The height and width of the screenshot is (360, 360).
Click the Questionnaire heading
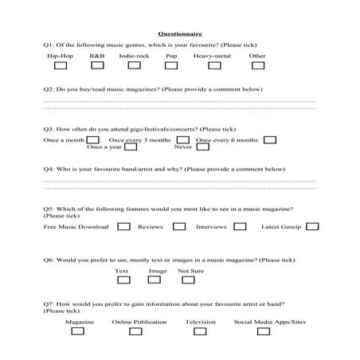pyautogui.click(x=180, y=34)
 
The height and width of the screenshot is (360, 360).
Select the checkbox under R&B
pyautogui.click(x=97, y=66)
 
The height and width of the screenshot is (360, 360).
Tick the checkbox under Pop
pyautogui.click(x=171, y=66)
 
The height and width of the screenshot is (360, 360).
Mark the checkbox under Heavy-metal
pyautogui.click(x=214, y=66)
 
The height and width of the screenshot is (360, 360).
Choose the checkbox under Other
pyautogui.click(x=257, y=66)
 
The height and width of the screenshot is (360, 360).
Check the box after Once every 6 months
pyautogui.click(x=269, y=140)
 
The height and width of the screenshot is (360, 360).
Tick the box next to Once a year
pyautogui.click(x=131, y=147)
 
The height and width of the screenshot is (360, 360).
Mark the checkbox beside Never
pyautogui.click(x=203, y=147)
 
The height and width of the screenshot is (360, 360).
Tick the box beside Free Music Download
pyautogui.click(x=123, y=227)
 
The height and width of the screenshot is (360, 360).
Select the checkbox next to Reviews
pyautogui.click(x=179, y=227)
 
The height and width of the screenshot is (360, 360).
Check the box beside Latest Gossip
pyautogui.click(x=312, y=227)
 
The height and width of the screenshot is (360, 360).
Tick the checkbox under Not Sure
pyautogui.click(x=186, y=281)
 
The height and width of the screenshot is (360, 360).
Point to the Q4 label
pyautogui.click(x=49, y=170)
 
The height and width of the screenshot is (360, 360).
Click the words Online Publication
pyautogui.click(x=139, y=322)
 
